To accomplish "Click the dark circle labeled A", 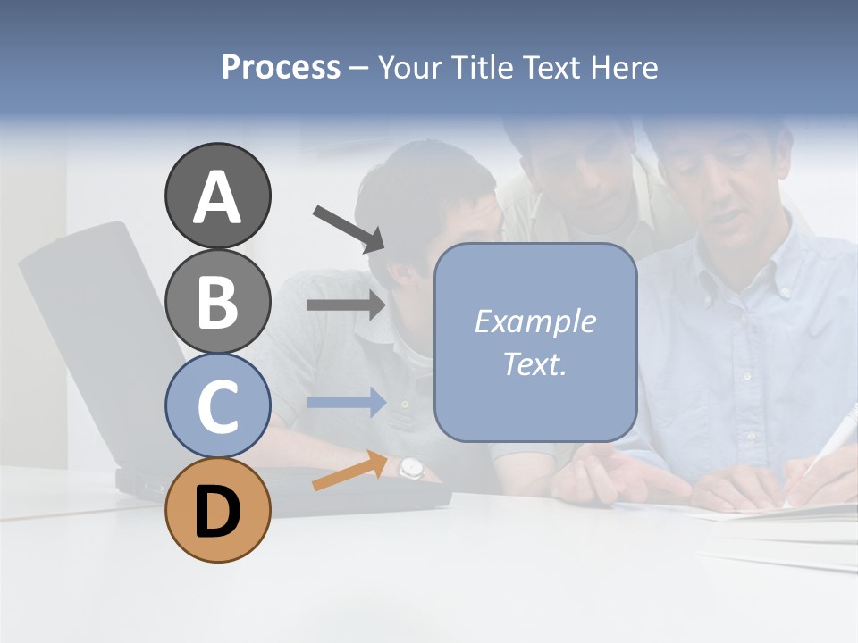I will tap(217, 196).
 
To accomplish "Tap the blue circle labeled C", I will tap(217, 405).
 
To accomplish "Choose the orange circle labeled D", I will tap(217, 510).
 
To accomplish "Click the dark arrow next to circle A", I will tap(349, 228).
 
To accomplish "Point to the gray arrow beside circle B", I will tap(346, 305).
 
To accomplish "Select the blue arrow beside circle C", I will tap(346, 403).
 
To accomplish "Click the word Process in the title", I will tap(281, 68).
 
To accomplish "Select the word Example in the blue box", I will tap(534, 321).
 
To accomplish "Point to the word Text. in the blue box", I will tap(534, 363).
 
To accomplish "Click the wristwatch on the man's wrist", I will tap(409, 467).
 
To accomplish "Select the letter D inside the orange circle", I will tap(217, 514).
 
